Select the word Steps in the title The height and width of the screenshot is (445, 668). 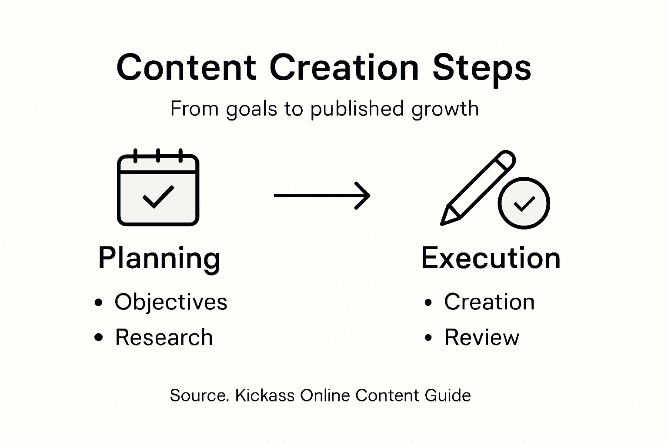(482, 69)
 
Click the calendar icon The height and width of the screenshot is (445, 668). (158, 189)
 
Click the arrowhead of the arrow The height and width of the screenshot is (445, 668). (363, 196)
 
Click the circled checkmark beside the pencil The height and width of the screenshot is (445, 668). (524, 203)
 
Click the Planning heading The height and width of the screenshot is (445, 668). (159, 258)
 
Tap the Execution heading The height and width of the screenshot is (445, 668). (491, 258)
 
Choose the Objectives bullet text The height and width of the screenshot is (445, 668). (171, 302)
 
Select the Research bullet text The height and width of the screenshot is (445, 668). (164, 337)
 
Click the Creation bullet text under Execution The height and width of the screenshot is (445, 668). (489, 302)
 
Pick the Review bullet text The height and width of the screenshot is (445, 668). (482, 337)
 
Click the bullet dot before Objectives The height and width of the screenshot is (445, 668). (99, 302)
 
